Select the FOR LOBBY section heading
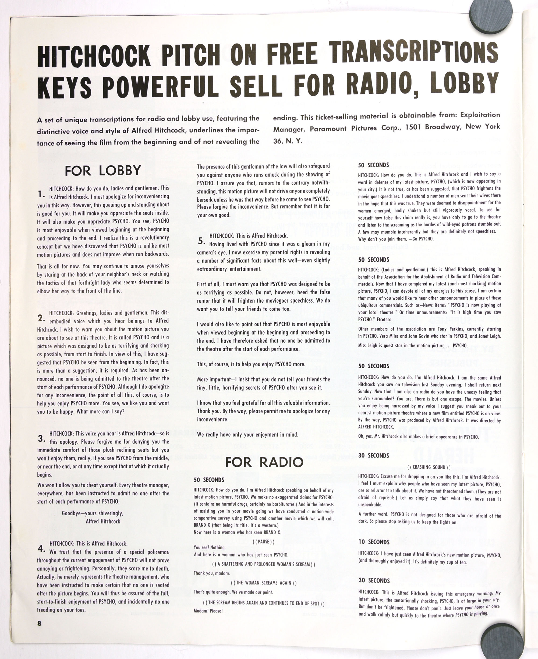(103, 171)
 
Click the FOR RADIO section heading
(264, 462)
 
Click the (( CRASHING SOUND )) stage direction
(429, 467)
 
